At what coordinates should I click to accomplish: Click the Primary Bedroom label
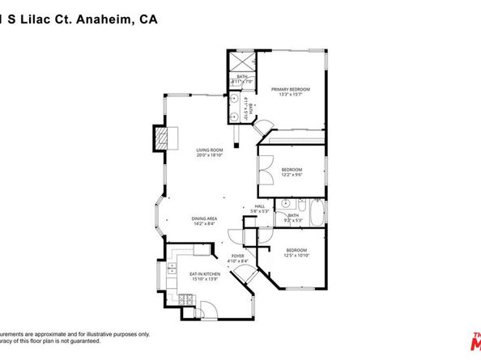(291, 89)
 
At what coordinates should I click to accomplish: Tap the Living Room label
(208, 150)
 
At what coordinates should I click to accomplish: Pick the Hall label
(260, 206)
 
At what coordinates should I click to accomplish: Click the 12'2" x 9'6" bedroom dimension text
(292, 174)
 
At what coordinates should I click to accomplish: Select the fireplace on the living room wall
(164, 138)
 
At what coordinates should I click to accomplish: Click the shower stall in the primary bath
(242, 61)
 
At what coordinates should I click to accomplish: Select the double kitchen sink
(172, 272)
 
